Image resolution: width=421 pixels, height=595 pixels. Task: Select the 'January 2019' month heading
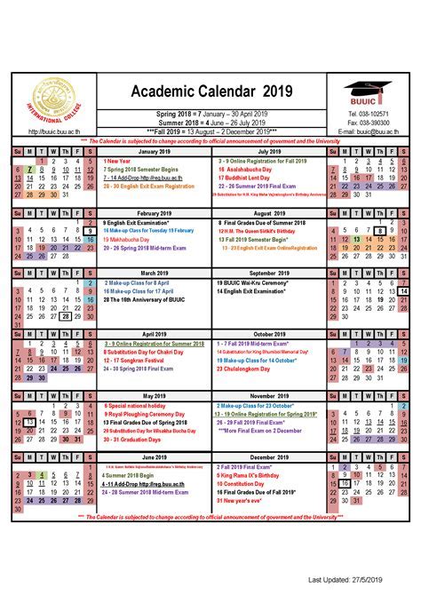tap(155, 152)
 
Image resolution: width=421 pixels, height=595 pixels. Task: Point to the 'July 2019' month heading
tap(268, 152)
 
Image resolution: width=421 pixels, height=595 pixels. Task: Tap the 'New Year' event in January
tap(117, 161)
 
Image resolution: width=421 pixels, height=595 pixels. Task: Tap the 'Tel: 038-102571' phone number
tap(367, 115)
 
